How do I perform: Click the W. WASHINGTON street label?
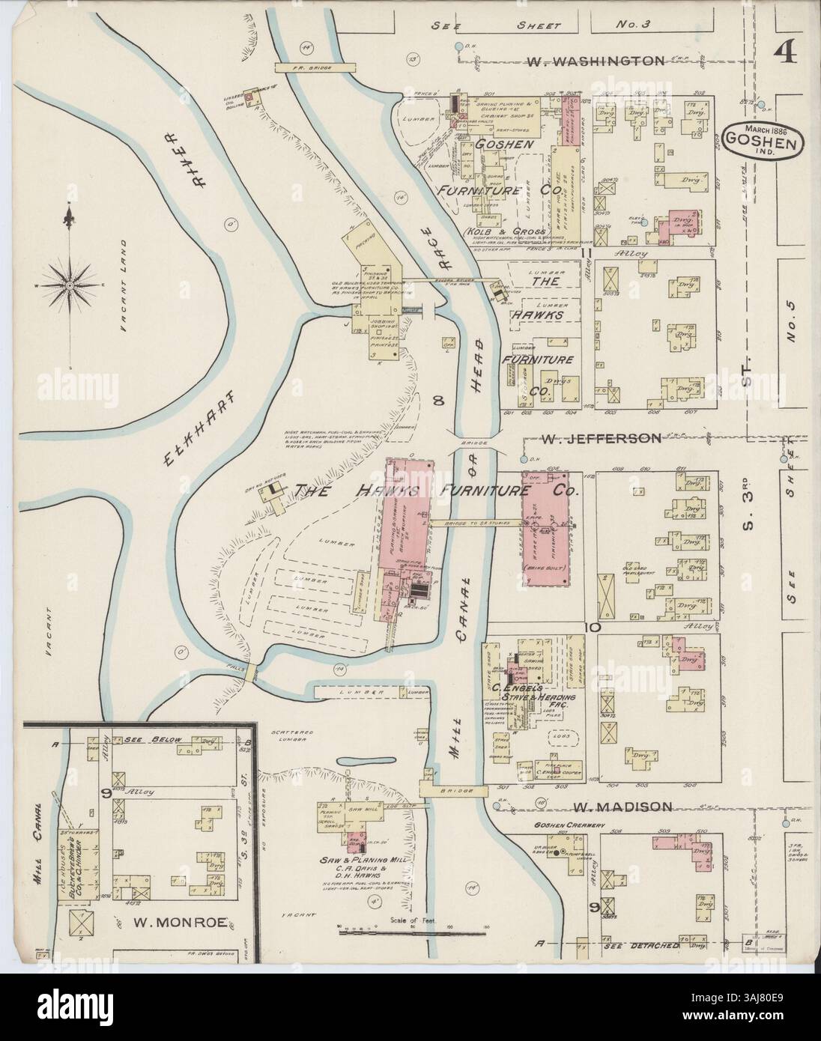coord(596,61)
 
